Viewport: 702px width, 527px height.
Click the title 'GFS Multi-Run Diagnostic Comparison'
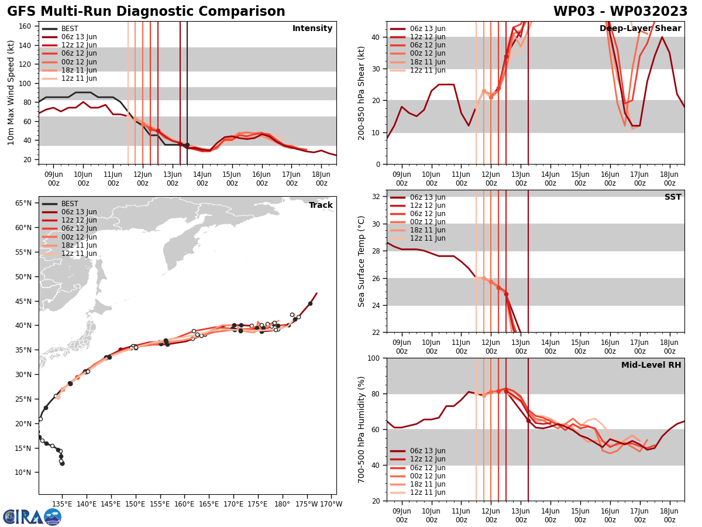click(146, 12)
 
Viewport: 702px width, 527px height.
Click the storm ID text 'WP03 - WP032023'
click(620, 12)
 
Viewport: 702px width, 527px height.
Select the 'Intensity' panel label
click(312, 29)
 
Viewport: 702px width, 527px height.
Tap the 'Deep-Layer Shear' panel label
click(640, 29)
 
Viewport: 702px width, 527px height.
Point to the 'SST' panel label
click(672, 197)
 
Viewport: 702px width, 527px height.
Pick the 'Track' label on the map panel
click(321, 206)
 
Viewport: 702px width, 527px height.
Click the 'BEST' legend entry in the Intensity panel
click(70, 29)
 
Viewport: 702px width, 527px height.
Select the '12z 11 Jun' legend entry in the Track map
click(79, 254)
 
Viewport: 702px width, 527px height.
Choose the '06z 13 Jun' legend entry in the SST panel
click(427, 197)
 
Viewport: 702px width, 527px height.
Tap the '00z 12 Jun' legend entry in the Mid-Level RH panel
click(427, 476)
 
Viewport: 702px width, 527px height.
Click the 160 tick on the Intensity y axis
click(26, 26)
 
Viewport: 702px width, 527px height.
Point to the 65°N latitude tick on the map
click(23, 203)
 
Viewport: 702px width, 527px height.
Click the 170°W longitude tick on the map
click(331, 504)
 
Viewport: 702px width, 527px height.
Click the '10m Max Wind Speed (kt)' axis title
click(11, 93)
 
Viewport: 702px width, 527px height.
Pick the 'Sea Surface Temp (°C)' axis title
click(362, 261)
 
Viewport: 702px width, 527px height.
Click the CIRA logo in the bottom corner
click(32, 516)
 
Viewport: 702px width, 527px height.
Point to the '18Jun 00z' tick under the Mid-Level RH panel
click(669, 515)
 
